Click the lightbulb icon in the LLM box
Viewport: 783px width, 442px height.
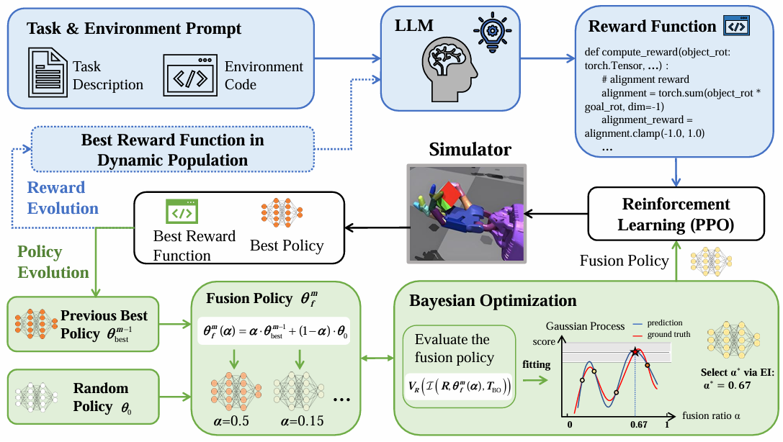pyautogui.click(x=493, y=32)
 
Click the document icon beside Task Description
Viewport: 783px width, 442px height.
pyautogui.click(x=48, y=72)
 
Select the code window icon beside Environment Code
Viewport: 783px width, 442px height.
pyautogui.click(x=190, y=76)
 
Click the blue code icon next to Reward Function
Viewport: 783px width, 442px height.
pyautogui.click(x=737, y=25)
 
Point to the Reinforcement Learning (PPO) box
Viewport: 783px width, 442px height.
pyautogui.click(x=676, y=214)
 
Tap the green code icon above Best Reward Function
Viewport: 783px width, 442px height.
pyautogui.click(x=182, y=212)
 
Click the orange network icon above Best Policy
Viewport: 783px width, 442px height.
pyautogui.click(x=282, y=213)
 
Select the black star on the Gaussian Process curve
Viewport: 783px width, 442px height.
pyautogui.click(x=635, y=352)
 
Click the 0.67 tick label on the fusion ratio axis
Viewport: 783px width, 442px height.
pyautogui.click(x=638, y=425)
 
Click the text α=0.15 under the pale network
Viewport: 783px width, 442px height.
pyautogui.click(x=302, y=421)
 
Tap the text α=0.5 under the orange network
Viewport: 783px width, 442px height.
pyautogui.click(x=231, y=421)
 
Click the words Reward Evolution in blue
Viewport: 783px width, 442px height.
pyautogui.click(x=63, y=197)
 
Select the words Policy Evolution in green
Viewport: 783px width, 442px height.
pyautogui.click(x=53, y=262)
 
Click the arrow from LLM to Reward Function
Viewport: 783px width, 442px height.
pyautogui.click(x=547, y=58)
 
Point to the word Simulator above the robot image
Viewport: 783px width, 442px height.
pyautogui.click(x=470, y=149)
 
